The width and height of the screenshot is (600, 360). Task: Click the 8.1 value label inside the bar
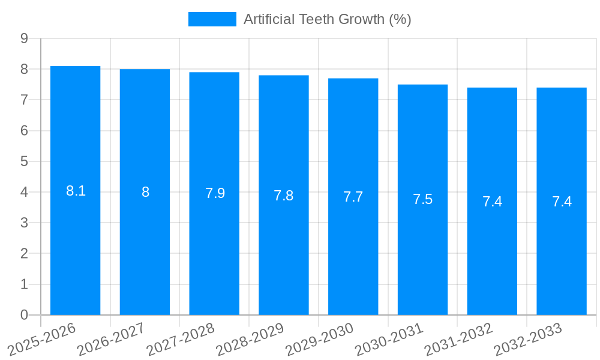click(76, 191)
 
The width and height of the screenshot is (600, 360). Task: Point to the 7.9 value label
click(215, 193)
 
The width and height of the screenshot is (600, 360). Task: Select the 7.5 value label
click(422, 200)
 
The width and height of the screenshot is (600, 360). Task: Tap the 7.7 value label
click(353, 197)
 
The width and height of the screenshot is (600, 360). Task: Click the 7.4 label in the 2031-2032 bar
click(492, 202)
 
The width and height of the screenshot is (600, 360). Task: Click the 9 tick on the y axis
click(24, 38)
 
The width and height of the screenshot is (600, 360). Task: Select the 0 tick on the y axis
click(24, 315)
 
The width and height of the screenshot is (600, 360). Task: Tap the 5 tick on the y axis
click(24, 161)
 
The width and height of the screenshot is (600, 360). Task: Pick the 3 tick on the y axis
click(24, 223)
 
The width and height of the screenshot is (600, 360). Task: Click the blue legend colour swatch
click(212, 19)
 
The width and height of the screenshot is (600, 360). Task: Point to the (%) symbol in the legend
click(400, 19)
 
